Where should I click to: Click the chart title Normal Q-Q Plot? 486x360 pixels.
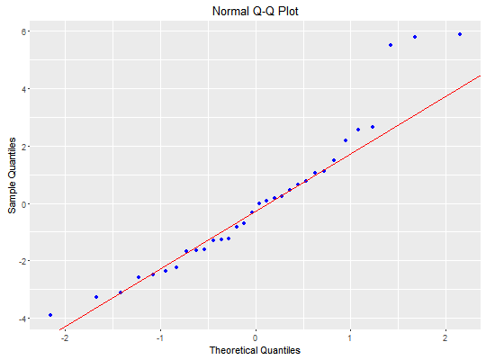(255, 12)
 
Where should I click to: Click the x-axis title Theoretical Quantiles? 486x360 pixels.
(255, 350)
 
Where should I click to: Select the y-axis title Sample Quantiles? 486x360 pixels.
(12, 175)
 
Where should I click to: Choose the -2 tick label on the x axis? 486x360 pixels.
(64, 337)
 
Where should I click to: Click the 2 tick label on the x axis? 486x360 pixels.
(445, 337)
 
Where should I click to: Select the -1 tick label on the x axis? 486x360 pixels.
(159, 337)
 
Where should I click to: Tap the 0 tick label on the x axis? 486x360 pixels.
(255, 337)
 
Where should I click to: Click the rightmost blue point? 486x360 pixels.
(460, 34)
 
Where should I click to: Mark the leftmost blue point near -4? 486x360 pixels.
(50, 315)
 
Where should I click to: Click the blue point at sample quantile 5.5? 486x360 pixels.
(391, 45)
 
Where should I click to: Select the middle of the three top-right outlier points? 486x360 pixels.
(415, 37)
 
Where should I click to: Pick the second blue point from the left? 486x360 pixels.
(96, 297)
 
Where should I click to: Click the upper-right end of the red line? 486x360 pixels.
(480, 76)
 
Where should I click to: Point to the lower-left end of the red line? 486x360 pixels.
(59, 329)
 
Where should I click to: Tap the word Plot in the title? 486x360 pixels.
(288, 12)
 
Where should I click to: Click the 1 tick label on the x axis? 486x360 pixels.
(350, 337)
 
